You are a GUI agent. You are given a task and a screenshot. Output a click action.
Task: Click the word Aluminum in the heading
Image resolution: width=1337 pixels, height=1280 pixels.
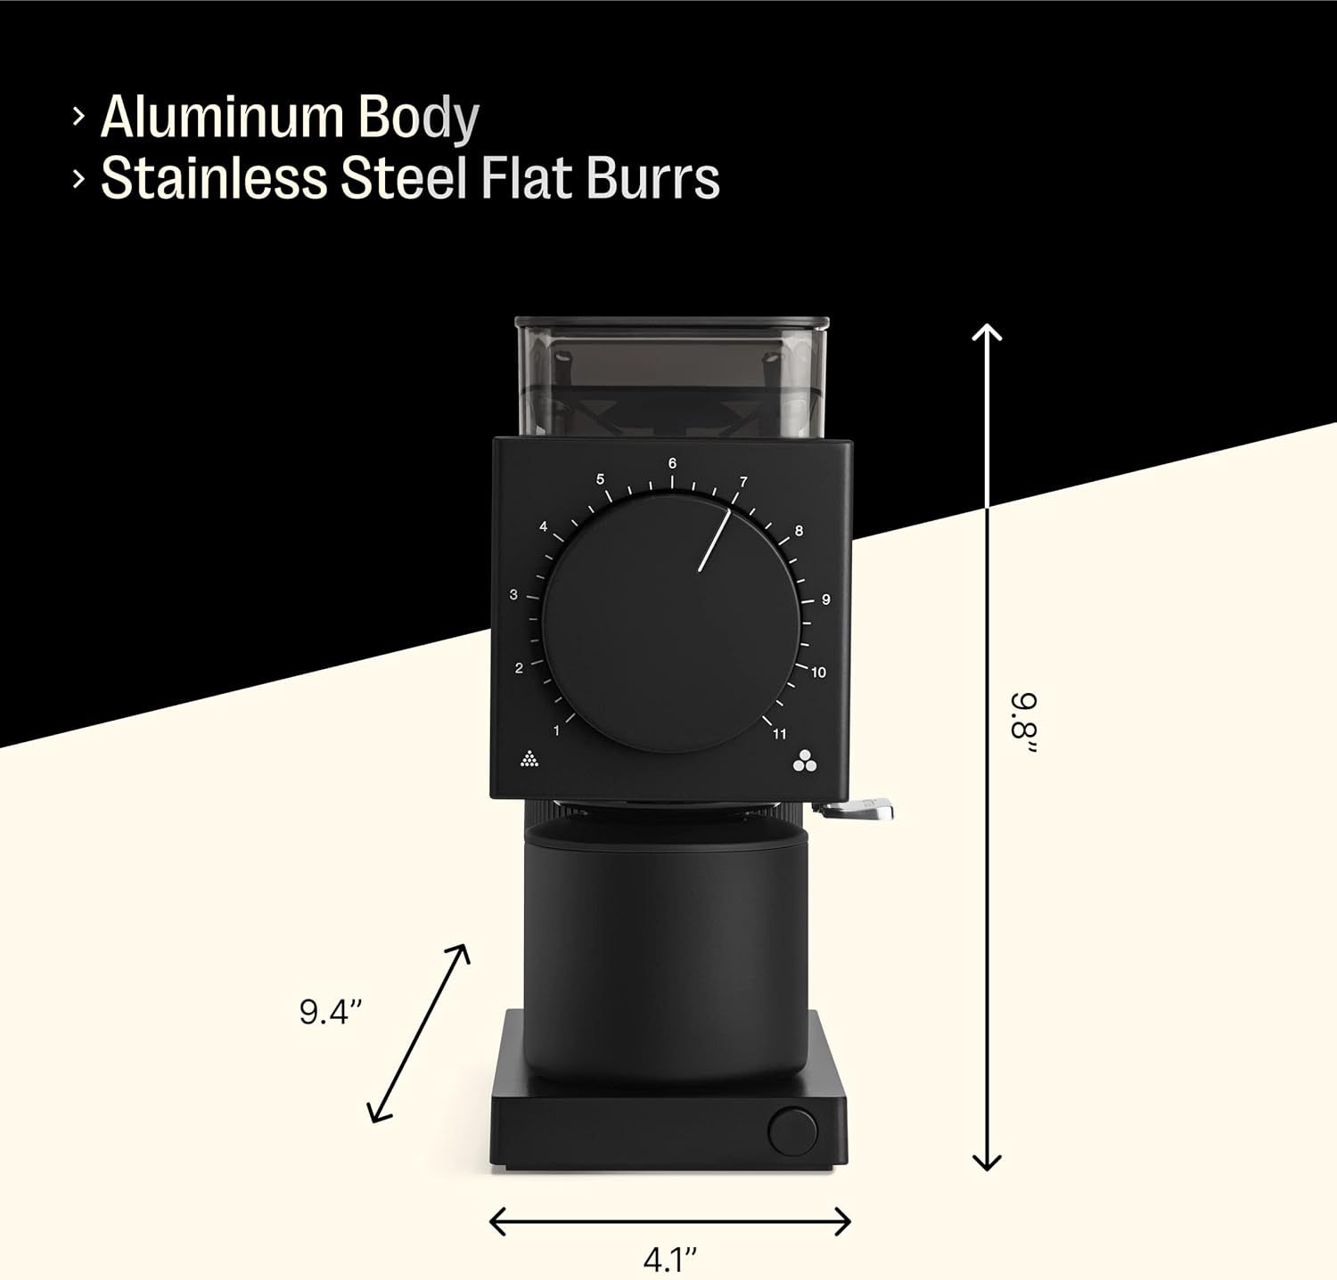[x=222, y=117]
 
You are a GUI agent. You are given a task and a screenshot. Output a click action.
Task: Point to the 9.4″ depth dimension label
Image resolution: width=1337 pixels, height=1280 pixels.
[x=331, y=1012]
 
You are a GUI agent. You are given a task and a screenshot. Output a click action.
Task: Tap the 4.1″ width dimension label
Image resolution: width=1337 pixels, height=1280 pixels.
[x=669, y=1260]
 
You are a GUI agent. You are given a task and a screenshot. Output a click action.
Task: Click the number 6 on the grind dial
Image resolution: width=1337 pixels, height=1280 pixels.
[x=672, y=463]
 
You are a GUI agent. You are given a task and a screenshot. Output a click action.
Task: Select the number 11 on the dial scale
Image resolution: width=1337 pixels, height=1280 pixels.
[x=780, y=734]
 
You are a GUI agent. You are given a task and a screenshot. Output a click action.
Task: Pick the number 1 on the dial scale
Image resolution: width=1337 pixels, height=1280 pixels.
[x=556, y=731]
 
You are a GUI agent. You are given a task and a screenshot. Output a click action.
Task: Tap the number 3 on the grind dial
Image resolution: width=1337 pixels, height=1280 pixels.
[x=513, y=594]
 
